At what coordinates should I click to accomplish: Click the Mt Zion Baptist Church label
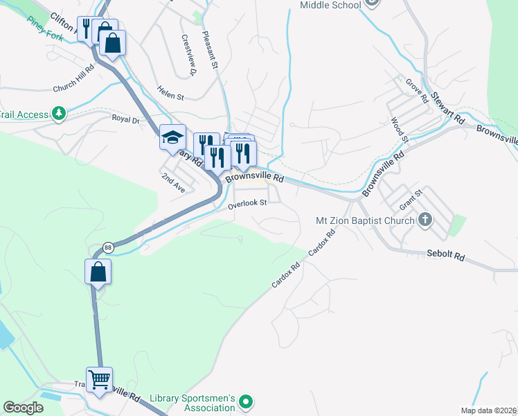pyautogui.click(x=364, y=220)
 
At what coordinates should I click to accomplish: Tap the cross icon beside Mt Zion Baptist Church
pyautogui.click(x=425, y=220)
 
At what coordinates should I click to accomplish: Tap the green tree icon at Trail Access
pyautogui.click(x=60, y=114)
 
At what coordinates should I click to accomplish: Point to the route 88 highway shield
pyautogui.click(x=108, y=248)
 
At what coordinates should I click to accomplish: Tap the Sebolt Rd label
pyautogui.click(x=445, y=255)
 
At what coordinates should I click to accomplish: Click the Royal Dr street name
pyautogui.click(x=125, y=119)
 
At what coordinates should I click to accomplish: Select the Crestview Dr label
pyautogui.click(x=188, y=55)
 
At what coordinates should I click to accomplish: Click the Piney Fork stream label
pyautogui.click(x=46, y=28)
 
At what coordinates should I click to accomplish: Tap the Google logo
pyautogui.click(x=23, y=408)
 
